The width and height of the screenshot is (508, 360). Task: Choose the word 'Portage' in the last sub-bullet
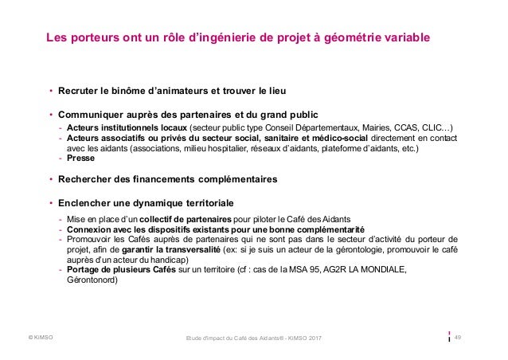click(84, 269)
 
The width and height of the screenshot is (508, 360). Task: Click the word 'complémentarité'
click(318, 229)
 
